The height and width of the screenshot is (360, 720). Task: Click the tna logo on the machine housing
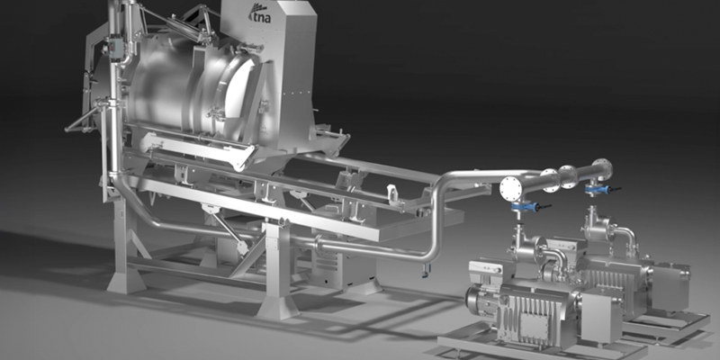coord(259,14)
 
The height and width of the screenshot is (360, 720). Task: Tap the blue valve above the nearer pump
coord(525,207)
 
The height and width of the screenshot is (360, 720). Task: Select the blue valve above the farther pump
coord(597,189)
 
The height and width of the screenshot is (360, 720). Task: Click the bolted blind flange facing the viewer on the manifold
coord(511,188)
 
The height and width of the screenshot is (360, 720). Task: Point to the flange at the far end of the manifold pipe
coord(602,169)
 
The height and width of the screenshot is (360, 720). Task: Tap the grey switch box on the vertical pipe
coord(115,48)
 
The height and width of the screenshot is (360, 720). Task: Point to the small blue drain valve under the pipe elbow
coord(425,274)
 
